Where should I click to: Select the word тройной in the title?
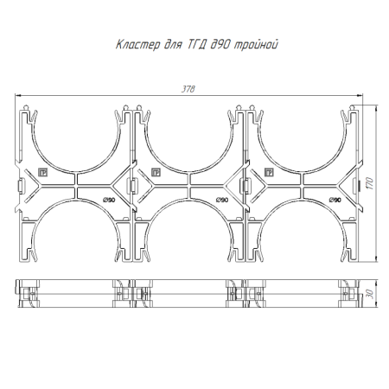[256, 45]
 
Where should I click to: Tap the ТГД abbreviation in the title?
[197, 45]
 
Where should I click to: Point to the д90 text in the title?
[220, 45]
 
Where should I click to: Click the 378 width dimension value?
[188, 89]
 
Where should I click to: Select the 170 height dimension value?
[371, 183]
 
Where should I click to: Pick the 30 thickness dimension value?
[371, 294]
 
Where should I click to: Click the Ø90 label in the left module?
[109, 200]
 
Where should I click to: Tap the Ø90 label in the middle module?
[222, 200]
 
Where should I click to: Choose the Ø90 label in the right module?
[335, 200]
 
